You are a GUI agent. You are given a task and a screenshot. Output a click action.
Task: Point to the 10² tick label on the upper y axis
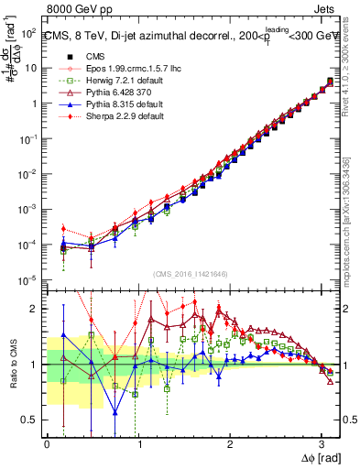(x=29, y=32)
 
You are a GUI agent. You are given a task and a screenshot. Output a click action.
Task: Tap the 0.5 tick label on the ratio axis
(x=29, y=420)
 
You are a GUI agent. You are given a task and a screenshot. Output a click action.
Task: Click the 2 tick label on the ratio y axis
(x=35, y=309)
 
